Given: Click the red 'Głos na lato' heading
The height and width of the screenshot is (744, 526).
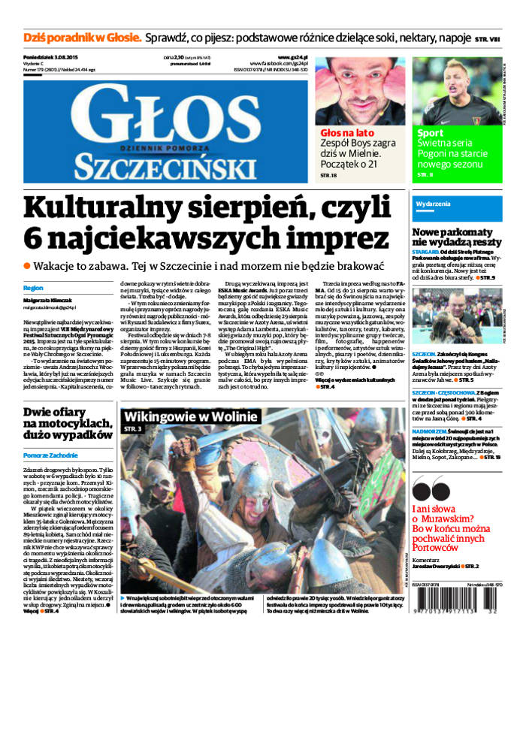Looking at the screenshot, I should point(343,132).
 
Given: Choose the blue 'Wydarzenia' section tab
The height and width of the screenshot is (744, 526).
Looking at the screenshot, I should point(433,204).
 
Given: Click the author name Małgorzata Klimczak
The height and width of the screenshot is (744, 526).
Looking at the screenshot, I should point(50,299).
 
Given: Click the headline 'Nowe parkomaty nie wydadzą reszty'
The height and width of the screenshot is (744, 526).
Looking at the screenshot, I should point(456,237).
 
